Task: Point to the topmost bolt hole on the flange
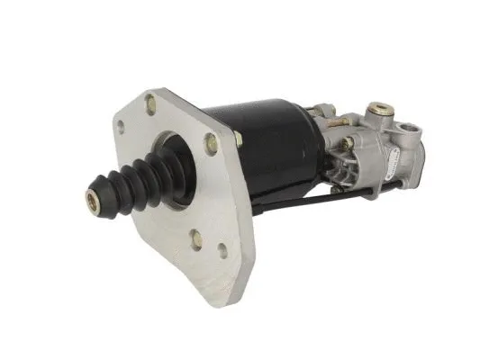point(149,105)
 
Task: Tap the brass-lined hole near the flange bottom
point(196,238)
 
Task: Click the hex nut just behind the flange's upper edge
point(239,139)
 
